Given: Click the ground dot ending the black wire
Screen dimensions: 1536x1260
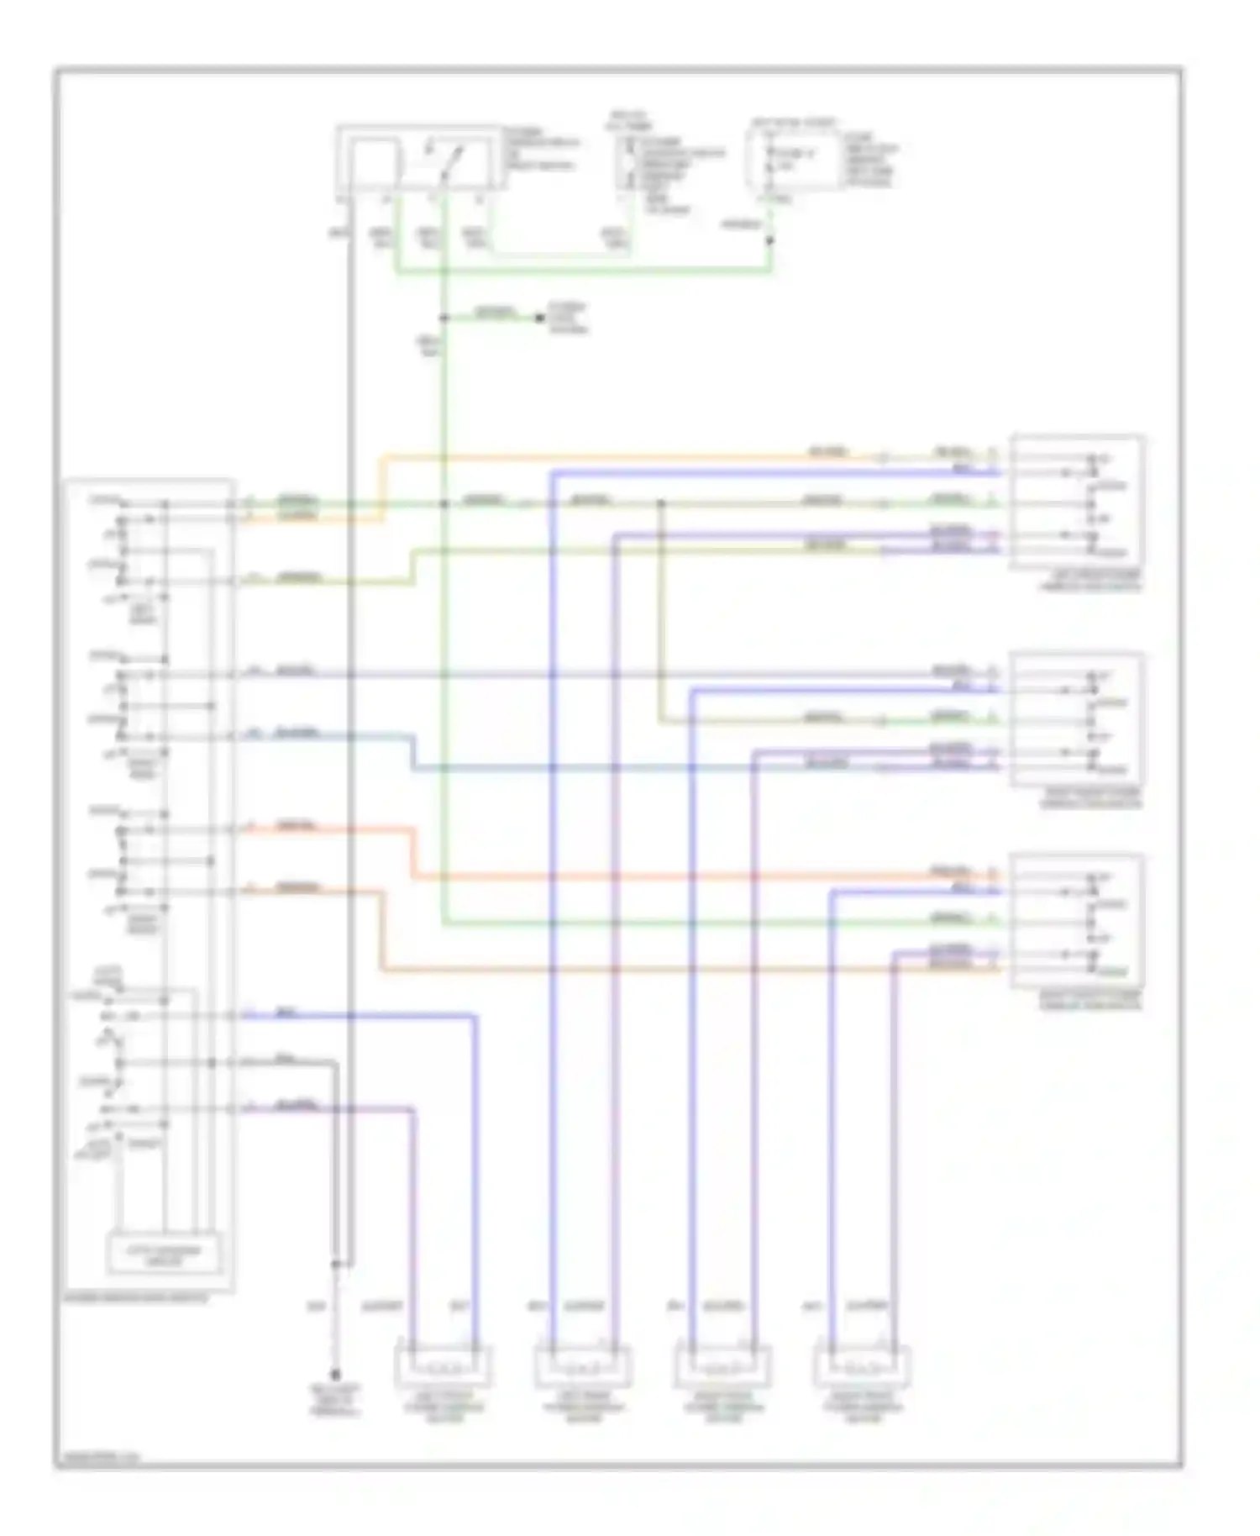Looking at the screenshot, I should point(335,1376).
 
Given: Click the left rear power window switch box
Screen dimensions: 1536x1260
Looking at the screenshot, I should point(1078,501).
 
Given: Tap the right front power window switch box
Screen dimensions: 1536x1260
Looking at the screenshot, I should point(1078,719).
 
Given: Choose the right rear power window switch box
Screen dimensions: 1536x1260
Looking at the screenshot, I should point(1078,920).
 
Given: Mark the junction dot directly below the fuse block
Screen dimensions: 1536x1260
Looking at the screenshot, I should point(770,240).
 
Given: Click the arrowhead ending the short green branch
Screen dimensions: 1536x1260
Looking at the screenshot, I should point(540,318).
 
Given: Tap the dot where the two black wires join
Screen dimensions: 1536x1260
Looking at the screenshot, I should point(336,1263).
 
